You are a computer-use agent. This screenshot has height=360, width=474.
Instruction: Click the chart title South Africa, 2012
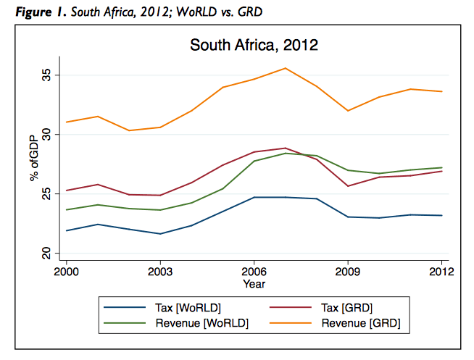[x=254, y=46]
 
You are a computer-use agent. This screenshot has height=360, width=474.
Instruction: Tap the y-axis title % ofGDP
[x=35, y=158]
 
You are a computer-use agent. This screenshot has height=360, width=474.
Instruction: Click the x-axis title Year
[x=254, y=284]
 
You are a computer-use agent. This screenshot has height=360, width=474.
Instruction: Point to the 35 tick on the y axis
[x=46, y=75]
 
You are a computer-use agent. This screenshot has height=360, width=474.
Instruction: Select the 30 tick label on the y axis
[x=46, y=135]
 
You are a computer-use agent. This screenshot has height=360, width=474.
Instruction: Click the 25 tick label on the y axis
[x=46, y=193]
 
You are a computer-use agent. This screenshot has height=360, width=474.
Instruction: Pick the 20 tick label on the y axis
[x=46, y=253]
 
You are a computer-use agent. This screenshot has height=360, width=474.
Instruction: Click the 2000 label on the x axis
[x=66, y=272]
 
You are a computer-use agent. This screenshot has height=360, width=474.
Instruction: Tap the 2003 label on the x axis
[x=160, y=272]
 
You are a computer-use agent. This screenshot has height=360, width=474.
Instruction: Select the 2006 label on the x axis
[x=254, y=272]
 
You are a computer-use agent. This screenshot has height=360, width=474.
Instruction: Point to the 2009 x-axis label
[x=348, y=272]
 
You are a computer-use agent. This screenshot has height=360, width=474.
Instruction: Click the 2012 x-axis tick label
[x=441, y=272]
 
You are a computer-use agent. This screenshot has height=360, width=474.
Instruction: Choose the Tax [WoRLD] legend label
[x=188, y=308]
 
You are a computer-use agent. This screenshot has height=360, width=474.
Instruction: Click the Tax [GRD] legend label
[x=346, y=308]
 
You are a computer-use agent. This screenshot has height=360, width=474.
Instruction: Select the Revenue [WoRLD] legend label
[x=202, y=323]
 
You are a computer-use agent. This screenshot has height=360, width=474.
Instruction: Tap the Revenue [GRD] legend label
[x=361, y=323]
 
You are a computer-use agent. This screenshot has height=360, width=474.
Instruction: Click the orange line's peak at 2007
[x=285, y=68]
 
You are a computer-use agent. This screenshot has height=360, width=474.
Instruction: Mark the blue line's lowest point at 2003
[x=160, y=234]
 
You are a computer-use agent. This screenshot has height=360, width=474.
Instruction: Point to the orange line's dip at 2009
[x=348, y=111]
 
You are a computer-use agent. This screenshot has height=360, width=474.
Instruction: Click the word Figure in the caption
[x=33, y=12]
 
